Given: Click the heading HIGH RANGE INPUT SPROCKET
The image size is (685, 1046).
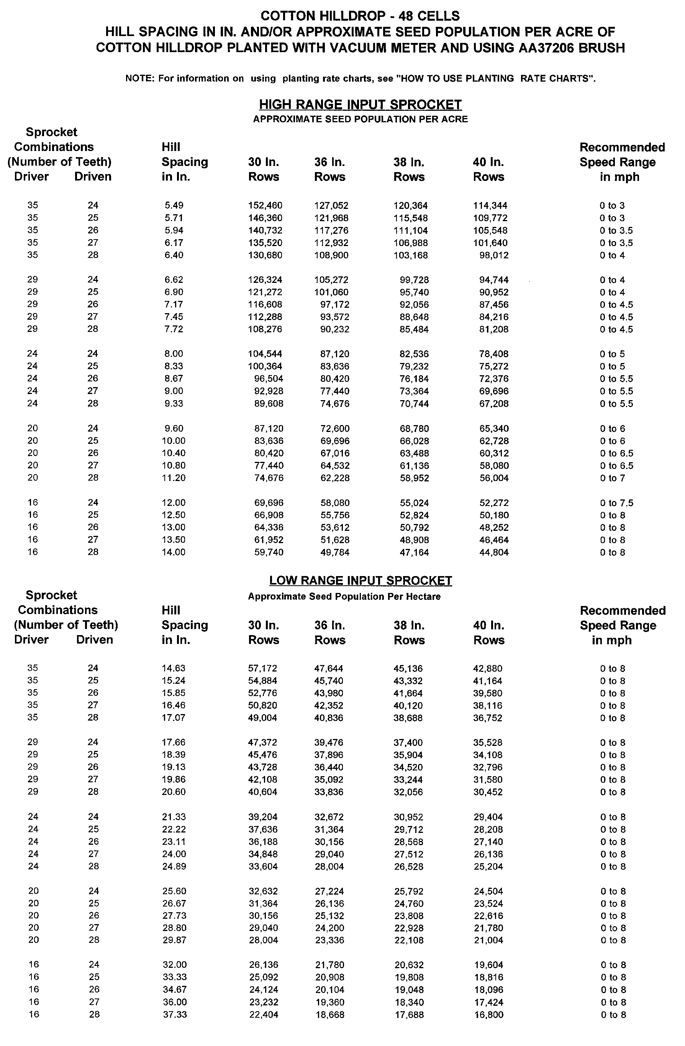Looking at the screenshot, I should point(360,105).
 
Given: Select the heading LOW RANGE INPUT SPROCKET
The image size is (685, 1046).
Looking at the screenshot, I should point(360,581).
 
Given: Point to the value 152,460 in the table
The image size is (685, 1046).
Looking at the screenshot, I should point(265,205).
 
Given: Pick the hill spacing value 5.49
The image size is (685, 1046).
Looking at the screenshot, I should point(174,205).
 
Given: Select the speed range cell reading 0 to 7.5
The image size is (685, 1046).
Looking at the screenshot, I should point(616,503).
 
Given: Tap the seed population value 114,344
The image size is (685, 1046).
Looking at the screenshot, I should point(490,205).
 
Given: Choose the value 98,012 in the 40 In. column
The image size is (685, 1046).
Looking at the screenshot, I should point(494,255).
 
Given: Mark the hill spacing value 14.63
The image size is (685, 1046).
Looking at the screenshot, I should point(174,668).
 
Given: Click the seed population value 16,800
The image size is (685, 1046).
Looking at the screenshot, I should point(488,1015).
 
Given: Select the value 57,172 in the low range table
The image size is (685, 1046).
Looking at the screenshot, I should point(263,668).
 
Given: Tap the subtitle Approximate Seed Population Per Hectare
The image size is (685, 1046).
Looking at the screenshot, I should point(344,596).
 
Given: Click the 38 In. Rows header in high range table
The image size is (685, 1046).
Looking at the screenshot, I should point(409,170).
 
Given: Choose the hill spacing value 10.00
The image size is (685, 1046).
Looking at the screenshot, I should point(174,441).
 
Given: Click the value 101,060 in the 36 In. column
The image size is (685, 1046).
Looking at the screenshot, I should point(331,292).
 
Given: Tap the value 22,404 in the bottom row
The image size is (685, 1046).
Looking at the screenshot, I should point(264,1015).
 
